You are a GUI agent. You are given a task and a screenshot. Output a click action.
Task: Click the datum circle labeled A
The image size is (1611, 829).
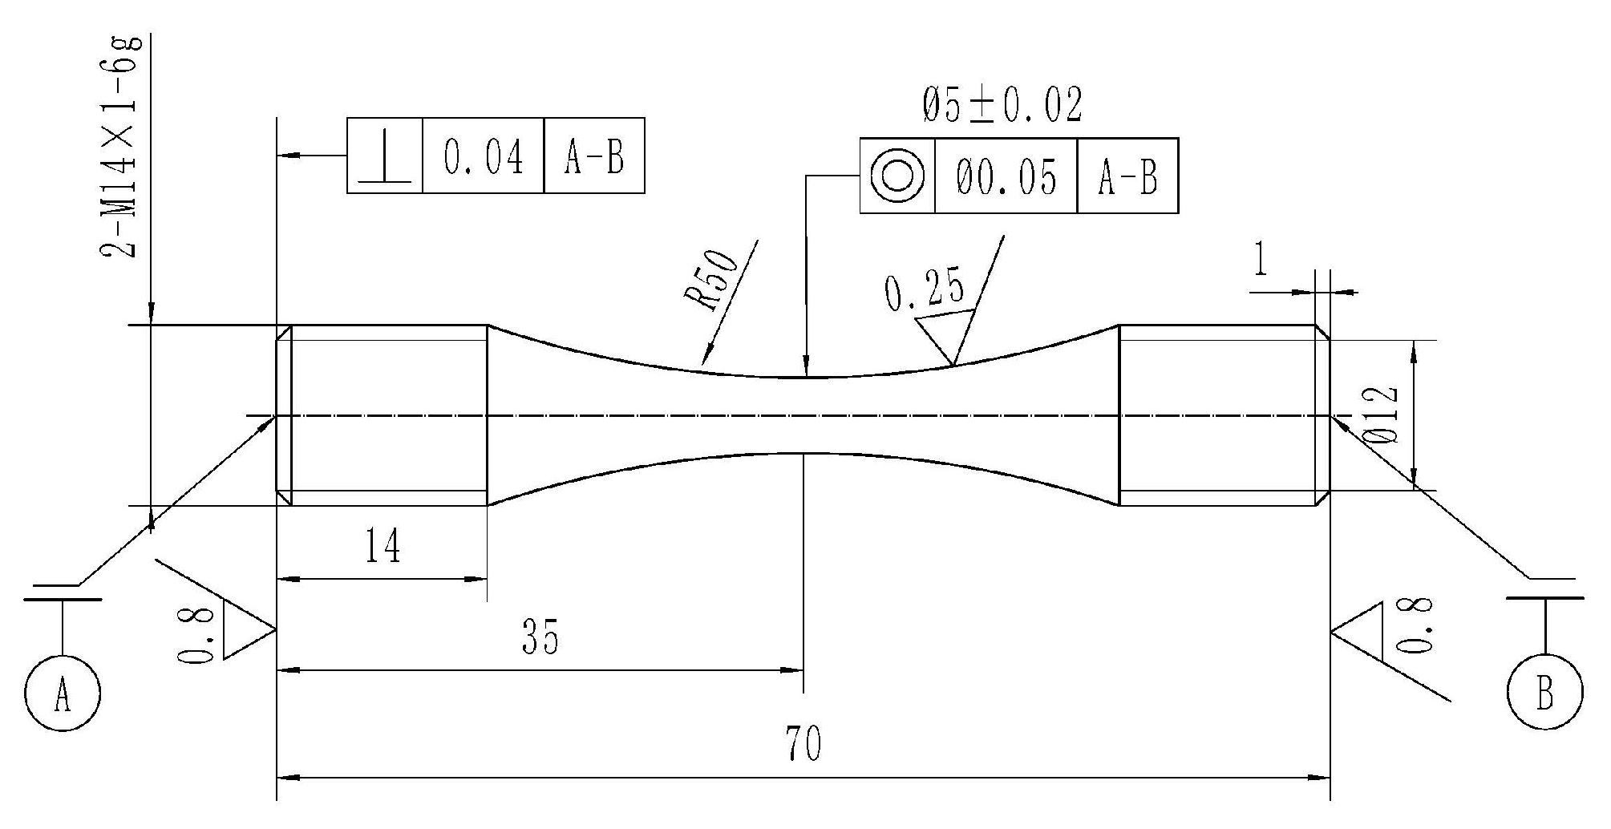[63, 693]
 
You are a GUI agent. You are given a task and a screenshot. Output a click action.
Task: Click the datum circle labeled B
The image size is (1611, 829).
[1545, 693]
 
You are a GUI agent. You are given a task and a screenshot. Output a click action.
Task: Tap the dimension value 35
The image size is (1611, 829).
[539, 637]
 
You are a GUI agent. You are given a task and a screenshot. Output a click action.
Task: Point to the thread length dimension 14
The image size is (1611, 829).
[383, 547]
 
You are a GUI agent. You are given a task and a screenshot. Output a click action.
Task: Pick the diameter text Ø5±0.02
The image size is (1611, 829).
[1002, 105]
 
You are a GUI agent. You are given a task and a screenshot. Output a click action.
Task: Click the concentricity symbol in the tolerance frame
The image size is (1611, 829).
[897, 176]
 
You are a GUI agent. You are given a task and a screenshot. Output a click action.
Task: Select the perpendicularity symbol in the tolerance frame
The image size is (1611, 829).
[385, 156]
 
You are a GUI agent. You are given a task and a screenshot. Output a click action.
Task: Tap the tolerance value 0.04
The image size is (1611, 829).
[483, 156]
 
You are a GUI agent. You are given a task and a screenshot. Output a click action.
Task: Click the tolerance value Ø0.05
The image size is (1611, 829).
[1006, 176]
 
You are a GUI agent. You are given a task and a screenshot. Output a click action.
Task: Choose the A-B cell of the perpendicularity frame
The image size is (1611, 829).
[593, 156]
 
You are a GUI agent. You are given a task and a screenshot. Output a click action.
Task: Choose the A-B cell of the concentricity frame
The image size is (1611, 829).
[1127, 176]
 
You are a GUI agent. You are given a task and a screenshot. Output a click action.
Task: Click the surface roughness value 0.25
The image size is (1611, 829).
[924, 291]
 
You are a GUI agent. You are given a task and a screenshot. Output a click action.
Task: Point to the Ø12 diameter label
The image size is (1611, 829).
[1380, 414]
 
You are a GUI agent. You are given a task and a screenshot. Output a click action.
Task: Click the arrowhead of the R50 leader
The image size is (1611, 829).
[706, 358]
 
